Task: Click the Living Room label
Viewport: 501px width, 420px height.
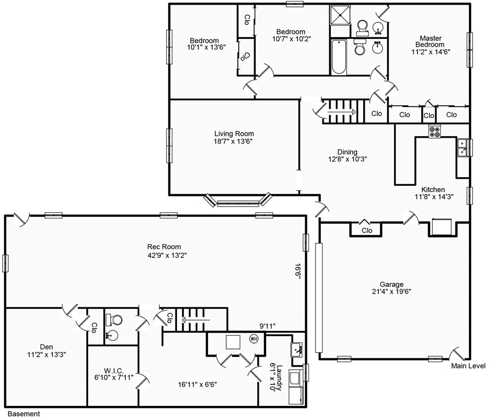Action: click(x=234, y=134)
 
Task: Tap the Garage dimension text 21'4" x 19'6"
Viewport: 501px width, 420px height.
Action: click(x=391, y=291)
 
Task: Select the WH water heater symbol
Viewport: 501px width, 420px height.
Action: click(x=254, y=339)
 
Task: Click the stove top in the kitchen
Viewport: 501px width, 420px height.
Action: click(x=435, y=132)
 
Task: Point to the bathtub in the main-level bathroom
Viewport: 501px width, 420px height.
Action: click(x=338, y=57)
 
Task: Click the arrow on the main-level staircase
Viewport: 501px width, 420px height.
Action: click(x=342, y=112)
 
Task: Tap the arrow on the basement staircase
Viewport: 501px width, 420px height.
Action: click(x=196, y=320)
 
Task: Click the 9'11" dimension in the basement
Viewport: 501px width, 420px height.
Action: click(x=268, y=326)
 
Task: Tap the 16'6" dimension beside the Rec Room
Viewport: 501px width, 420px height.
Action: click(x=298, y=271)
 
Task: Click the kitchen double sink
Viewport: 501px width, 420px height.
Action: click(x=462, y=148)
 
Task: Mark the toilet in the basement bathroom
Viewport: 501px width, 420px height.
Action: click(x=114, y=320)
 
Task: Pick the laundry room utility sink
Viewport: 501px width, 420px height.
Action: click(x=297, y=350)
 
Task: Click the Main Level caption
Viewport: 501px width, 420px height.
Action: click(x=468, y=366)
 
